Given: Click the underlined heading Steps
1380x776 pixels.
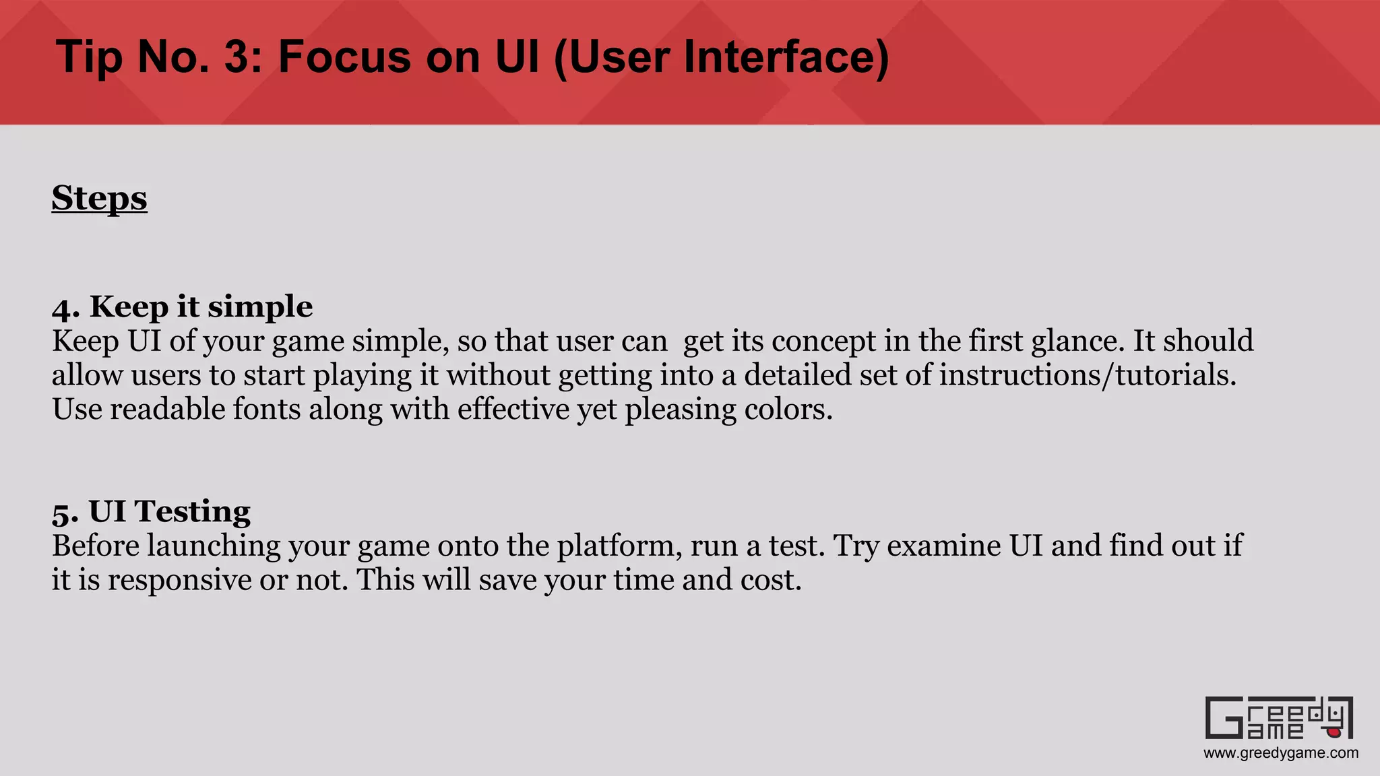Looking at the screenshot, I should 99,198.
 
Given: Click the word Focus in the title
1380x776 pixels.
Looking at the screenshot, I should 344,57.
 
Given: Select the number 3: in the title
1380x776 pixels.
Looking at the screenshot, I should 246,57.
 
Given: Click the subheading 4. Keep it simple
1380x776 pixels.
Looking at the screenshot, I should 182,306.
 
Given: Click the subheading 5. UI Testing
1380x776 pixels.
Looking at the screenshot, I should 151,511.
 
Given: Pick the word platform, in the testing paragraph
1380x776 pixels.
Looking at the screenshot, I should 619,546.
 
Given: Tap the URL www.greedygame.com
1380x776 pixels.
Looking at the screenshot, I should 1281,753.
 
